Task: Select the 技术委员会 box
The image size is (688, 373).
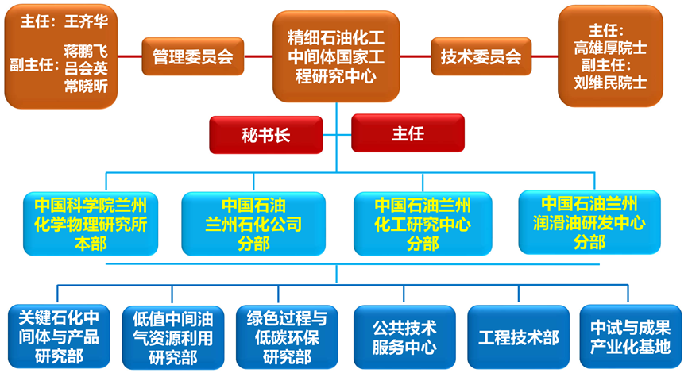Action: [481, 56]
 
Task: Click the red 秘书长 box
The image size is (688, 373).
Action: [265, 134]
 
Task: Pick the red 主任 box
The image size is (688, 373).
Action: [408, 133]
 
